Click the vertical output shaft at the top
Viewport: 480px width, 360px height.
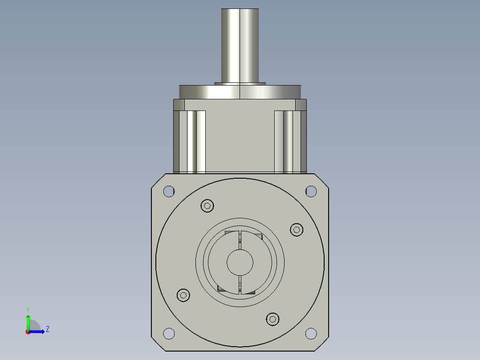240,45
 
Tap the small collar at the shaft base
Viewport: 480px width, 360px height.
240,83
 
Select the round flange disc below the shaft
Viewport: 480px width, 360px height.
240,92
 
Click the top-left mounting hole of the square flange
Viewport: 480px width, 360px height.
169,191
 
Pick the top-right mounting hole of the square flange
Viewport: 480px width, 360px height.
311,191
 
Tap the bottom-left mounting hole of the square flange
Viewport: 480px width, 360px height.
169,333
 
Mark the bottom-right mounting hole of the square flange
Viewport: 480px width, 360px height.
311,333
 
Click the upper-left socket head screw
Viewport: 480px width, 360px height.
207,206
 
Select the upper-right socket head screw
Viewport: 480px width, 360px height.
297,229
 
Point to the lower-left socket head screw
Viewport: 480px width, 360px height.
183,295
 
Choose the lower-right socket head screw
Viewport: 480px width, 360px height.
273,319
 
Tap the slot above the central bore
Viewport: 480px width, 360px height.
240,240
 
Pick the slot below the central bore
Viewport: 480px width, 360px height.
240,285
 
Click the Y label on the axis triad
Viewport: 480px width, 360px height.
28,309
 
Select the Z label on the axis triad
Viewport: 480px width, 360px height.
47,329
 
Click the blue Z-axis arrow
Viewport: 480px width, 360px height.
38,331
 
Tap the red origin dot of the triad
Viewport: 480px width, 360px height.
28,332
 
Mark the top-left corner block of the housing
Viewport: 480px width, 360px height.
179,105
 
